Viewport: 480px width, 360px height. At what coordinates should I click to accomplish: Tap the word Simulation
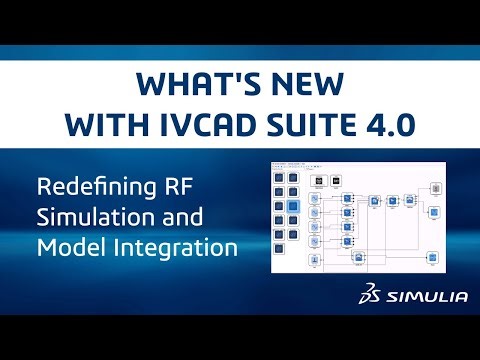tap(85, 216)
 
